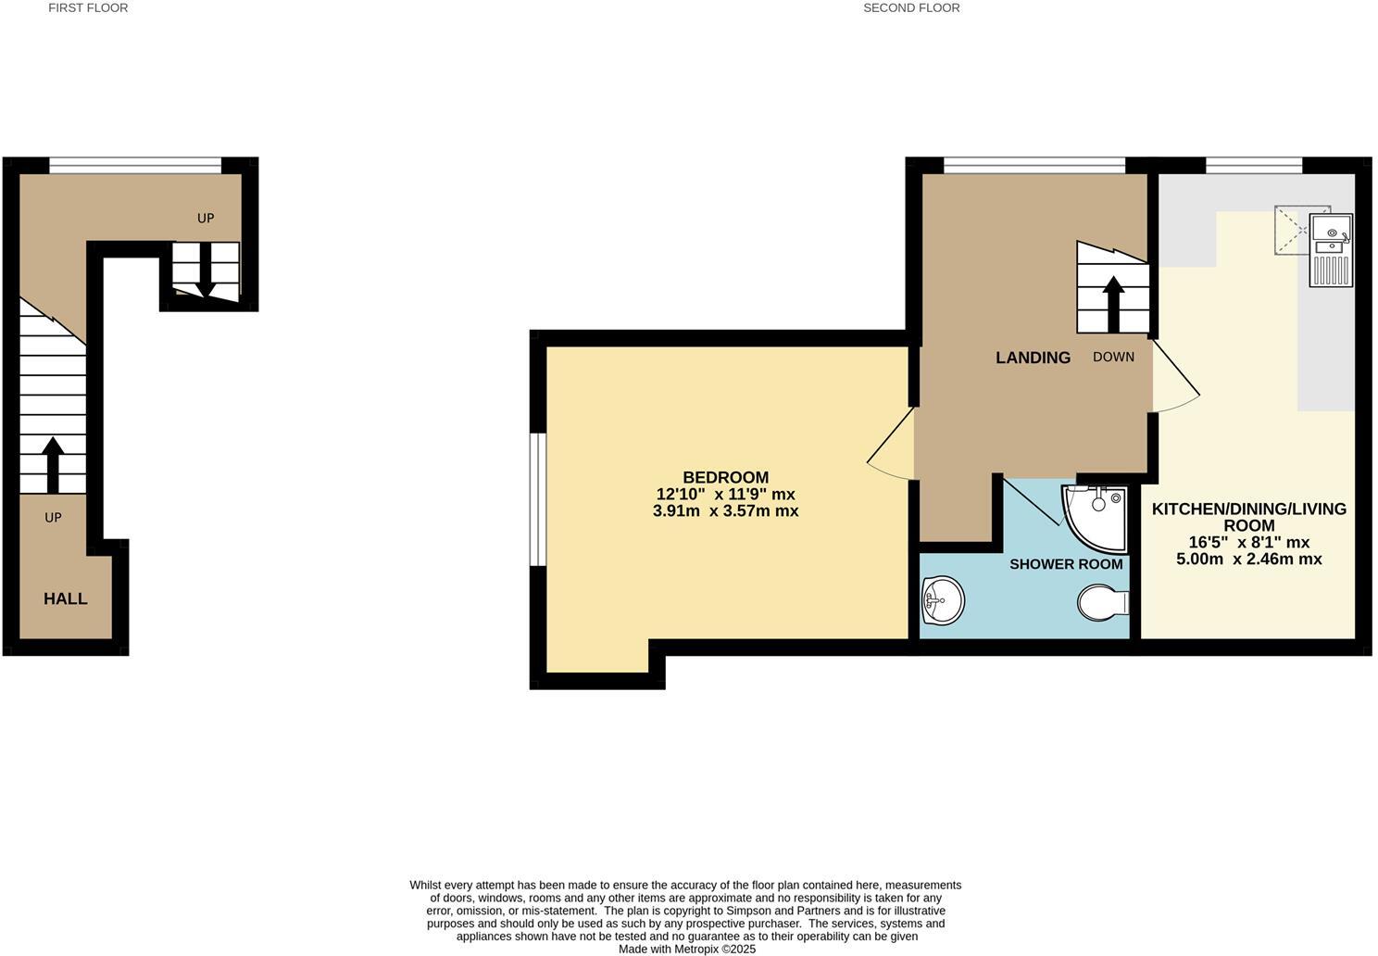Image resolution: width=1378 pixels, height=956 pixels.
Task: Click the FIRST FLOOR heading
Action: tap(88, 7)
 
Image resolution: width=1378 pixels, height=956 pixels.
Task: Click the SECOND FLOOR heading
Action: tap(911, 7)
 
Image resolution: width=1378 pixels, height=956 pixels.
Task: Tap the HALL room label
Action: tap(66, 599)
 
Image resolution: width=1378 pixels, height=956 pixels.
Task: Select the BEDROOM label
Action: tap(725, 478)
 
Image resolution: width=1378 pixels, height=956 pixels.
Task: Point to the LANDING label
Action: tap(1033, 358)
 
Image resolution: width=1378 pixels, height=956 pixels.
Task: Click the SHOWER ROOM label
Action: tap(1066, 564)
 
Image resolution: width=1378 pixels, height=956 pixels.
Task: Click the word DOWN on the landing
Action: tap(1113, 357)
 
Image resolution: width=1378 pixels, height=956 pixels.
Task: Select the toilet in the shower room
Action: tap(1103, 602)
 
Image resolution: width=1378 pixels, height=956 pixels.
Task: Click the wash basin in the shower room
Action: tap(943, 600)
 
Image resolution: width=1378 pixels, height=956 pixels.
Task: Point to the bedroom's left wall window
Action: tap(538, 498)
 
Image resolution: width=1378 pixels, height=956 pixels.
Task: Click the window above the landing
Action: tap(1033, 166)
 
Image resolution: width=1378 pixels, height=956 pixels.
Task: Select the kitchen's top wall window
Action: tap(1254, 166)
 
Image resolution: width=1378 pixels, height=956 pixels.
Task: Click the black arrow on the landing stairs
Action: tap(1113, 303)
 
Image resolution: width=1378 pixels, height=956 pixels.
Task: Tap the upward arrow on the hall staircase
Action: tap(53, 464)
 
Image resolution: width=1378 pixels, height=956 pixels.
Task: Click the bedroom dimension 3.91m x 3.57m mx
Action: tap(725, 510)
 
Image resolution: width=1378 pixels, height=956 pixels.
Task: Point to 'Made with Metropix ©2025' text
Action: tap(686, 949)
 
